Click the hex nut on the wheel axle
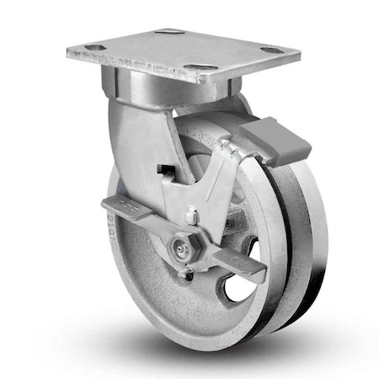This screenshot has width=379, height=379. [x=181, y=248]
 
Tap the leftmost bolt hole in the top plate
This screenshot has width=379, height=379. [x=95, y=48]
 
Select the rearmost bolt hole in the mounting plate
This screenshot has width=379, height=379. [x=171, y=32]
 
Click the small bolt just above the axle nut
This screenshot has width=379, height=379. [x=193, y=218]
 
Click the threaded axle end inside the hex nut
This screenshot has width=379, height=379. [x=180, y=248]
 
